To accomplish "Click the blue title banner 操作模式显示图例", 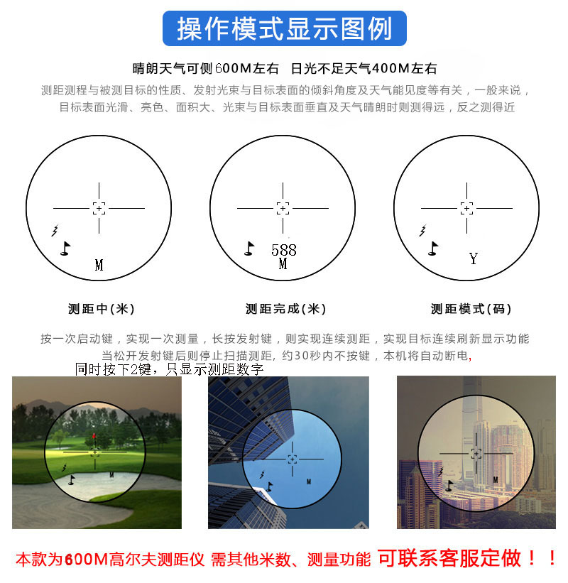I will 284,29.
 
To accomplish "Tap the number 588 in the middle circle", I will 283,250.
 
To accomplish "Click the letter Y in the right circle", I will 474,258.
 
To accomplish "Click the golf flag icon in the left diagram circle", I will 65,248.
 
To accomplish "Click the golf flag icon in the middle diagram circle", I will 249,248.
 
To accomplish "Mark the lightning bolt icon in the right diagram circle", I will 423,230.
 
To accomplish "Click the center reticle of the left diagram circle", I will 99,208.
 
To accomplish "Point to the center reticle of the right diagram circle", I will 466,208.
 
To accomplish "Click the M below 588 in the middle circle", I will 283,264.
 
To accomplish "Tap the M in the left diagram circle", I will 99,266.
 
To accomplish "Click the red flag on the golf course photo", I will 94,435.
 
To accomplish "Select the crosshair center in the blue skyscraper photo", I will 292,459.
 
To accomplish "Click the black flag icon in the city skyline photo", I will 449,486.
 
